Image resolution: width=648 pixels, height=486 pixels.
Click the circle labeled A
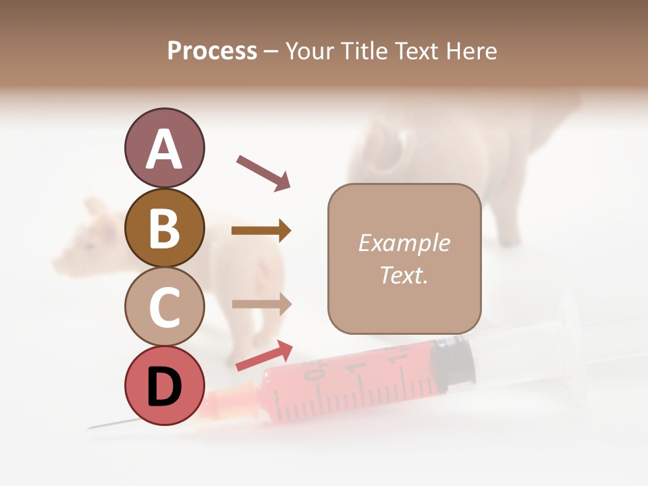coord(164,148)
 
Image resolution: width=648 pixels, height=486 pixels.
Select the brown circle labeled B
coord(164,228)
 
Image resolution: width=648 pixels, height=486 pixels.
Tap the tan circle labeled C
coord(164,306)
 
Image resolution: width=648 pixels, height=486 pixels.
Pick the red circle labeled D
coord(164,385)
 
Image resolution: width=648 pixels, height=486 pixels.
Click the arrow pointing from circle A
coord(263,172)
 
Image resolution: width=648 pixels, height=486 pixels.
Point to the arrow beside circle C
coord(261,304)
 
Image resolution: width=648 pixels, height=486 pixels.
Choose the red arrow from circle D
coord(264,355)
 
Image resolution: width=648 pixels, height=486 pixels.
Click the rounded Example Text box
coord(404,259)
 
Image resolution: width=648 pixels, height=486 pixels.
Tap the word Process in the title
coord(212,51)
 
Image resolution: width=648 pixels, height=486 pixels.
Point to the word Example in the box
coord(404,243)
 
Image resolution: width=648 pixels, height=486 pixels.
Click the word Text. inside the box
coord(404,275)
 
